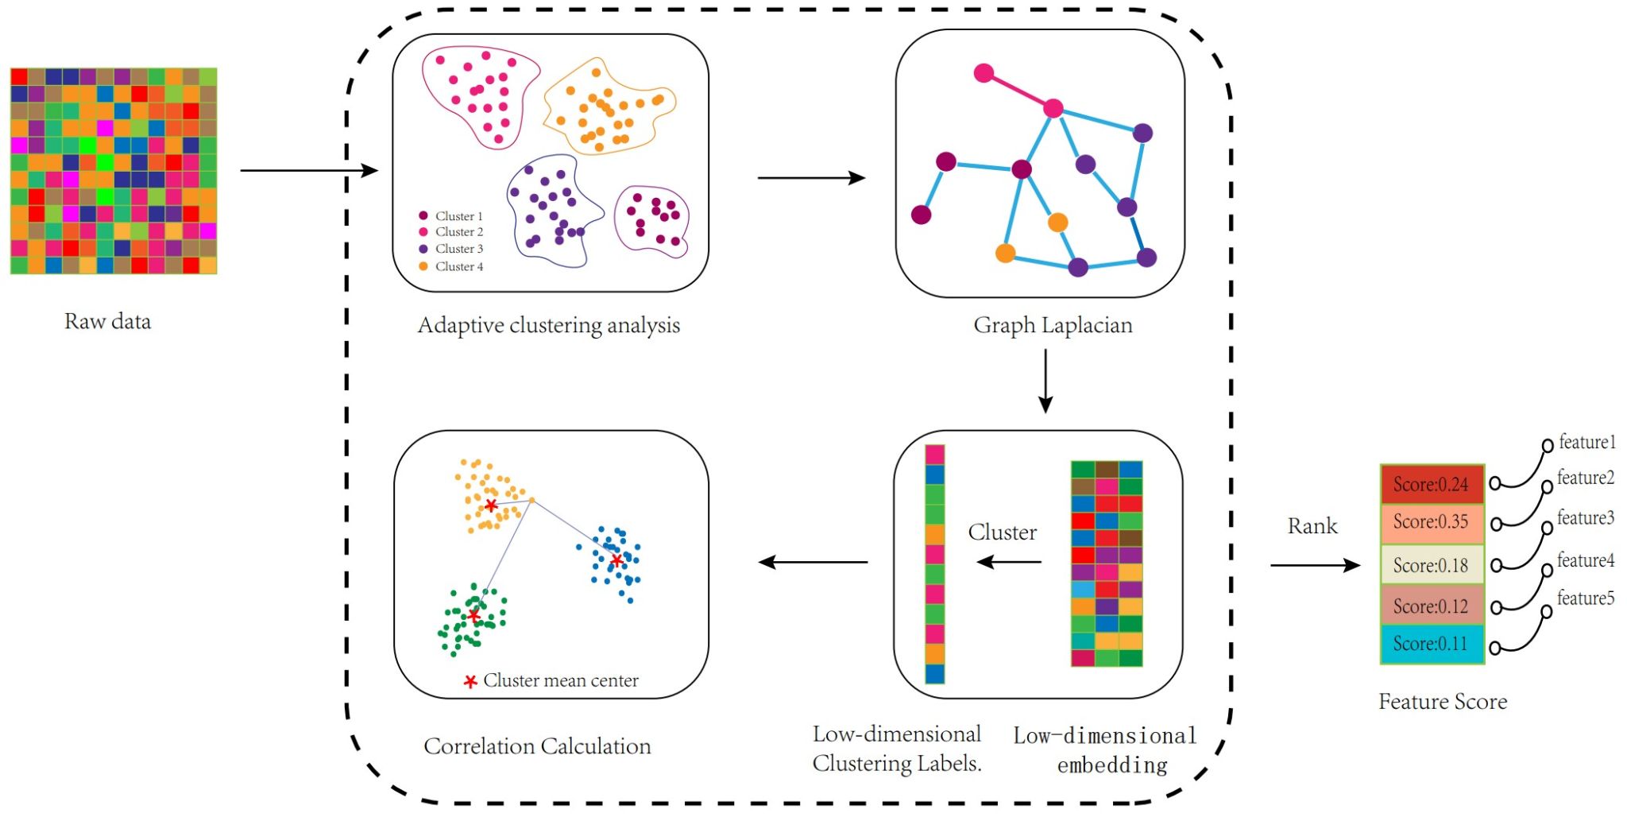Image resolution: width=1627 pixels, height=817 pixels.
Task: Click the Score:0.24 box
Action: point(1432,485)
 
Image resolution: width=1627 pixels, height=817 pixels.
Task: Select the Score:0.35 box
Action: point(1432,522)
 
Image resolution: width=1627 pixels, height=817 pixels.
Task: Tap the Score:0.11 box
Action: point(1432,644)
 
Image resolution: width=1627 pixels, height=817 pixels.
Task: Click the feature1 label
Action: point(1586,442)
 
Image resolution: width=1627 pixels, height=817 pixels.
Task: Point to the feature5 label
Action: point(1585,598)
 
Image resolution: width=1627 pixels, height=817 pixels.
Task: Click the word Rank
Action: point(1312,526)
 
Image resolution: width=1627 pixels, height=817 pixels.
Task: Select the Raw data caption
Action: point(107,322)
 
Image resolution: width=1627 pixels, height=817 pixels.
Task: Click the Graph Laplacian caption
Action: point(1053,325)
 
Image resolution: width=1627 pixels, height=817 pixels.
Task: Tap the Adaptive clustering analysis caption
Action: point(549,326)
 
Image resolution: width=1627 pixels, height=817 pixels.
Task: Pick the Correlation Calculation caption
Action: point(537,746)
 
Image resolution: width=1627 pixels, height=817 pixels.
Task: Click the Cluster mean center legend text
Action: point(560,681)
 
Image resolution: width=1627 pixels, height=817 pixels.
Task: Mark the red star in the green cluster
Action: point(474,616)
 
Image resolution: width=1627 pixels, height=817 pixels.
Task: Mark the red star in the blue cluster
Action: point(617,560)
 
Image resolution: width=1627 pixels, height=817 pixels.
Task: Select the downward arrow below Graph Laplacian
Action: point(1045,381)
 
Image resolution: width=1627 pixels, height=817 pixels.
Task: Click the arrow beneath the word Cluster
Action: point(1009,562)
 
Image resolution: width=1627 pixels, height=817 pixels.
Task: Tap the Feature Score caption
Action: point(1443,702)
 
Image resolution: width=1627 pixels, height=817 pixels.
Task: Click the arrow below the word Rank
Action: point(1315,565)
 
